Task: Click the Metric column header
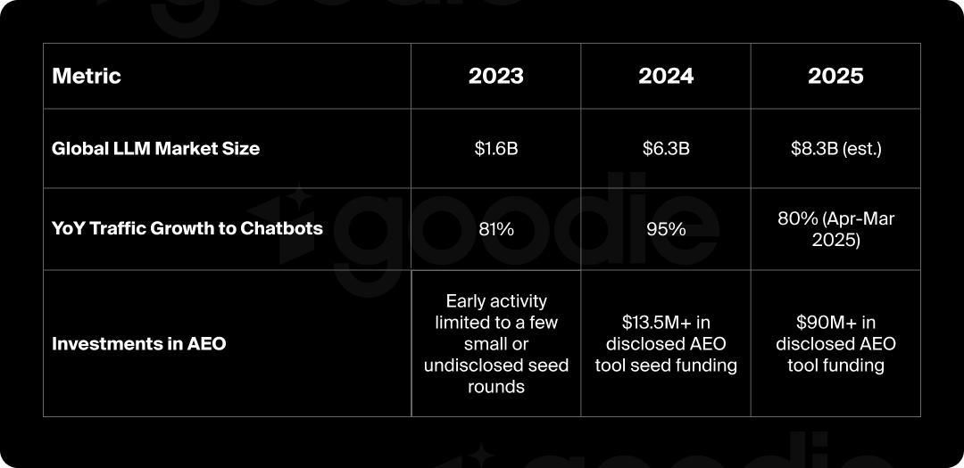(x=87, y=76)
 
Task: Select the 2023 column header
(x=496, y=76)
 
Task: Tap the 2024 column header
(x=666, y=76)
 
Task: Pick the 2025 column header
(x=835, y=76)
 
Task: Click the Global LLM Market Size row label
(x=156, y=149)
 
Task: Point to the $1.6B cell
(x=496, y=149)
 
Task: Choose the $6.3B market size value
(x=666, y=149)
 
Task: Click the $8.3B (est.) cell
(x=835, y=149)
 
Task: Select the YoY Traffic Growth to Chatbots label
(x=187, y=228)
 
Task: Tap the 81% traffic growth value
(x=496, y=229)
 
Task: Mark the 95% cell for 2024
(x=666, y=229)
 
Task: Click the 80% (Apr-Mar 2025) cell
(x=835, y=229)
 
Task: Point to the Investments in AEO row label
(x=139, y=343)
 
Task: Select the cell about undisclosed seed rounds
(x=496, y=343)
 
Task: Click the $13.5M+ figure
(x=655, y=323)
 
